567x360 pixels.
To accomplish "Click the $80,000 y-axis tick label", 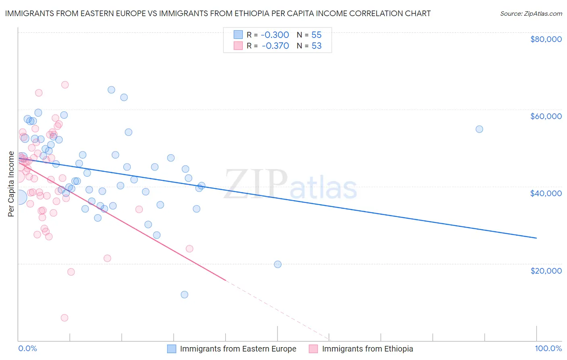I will [546, 39].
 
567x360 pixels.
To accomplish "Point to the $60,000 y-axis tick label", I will [546, 116].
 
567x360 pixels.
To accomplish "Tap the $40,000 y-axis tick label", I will [546, 193].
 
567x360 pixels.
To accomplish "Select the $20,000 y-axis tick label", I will [546, 270].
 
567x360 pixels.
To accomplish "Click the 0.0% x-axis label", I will [27, 349].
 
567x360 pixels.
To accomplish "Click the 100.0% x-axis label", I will [548, 349].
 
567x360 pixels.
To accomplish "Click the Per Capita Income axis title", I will [11, 184].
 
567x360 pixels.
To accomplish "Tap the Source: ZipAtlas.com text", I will [531, 13].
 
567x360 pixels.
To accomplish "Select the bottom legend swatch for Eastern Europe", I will [172, 349].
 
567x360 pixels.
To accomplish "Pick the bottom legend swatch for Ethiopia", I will [313, 349].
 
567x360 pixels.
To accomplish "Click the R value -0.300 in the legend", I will [275, 35].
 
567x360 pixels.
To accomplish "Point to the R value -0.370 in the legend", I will [275, 46].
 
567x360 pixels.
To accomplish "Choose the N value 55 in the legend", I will [317, 35].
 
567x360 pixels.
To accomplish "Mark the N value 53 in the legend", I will [317, 46].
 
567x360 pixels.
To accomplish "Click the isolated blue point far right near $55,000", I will [479, 129].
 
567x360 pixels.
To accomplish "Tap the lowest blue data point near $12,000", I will [184, 295].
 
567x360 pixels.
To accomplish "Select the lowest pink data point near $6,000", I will [64, 318].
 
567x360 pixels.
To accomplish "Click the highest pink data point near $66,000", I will [65, 85].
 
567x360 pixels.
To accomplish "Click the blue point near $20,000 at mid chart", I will [277, 264].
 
